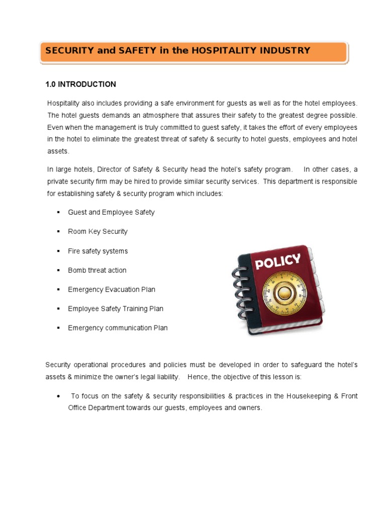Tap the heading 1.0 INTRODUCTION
80,84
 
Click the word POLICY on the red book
278,263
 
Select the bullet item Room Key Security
98,231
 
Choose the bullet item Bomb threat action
97,270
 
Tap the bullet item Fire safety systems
98,251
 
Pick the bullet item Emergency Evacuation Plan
112,289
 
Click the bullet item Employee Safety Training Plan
116,308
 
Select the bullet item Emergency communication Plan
118,328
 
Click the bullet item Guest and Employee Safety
111,212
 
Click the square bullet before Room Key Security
58,232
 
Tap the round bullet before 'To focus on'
60,396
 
